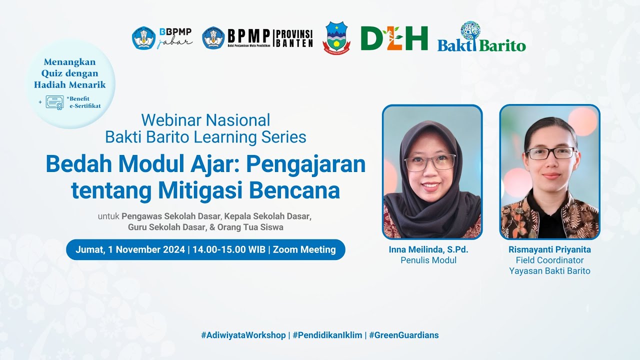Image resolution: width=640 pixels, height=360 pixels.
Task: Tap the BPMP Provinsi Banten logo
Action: (257, 38)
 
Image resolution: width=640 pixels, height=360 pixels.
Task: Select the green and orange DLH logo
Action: (394, 38)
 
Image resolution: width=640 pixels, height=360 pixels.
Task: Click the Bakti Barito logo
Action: (481, 38)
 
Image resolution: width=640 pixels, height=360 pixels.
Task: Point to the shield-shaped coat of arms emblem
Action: (336, 37)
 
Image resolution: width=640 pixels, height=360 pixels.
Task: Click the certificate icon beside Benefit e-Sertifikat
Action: (54, 102)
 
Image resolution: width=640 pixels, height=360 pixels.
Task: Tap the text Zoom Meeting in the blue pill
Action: (304, 249)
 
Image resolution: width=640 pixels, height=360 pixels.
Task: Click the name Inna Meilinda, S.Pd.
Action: (428, 249)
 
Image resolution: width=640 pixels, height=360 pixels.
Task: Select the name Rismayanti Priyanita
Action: (549, 249)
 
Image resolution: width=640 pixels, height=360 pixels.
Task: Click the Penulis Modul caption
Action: (428, 260)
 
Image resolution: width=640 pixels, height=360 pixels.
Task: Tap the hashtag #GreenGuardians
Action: (404, 335)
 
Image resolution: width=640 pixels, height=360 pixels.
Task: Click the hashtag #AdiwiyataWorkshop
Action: (243, 335)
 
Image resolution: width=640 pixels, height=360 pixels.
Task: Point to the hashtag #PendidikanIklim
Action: (327, 335)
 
